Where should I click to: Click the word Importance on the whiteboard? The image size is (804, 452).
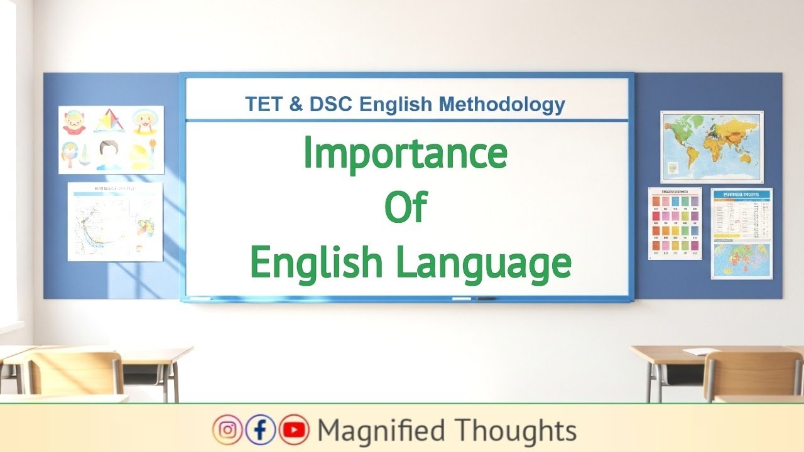(405, 154)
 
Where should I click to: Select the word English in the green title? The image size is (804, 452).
(317, 264)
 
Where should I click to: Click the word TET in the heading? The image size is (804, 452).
(264, 104)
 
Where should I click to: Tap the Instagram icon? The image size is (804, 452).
(227, 430)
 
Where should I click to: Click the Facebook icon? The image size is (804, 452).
(261, 430)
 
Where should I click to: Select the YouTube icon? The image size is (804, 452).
(294, 430)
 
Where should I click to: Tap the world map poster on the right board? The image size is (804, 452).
(712, 147)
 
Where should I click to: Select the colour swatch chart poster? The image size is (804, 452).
(675, 223)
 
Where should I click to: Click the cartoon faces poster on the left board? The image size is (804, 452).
(111, 139)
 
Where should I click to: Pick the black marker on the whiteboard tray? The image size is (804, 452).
(486, 298)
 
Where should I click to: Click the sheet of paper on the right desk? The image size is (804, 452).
(701, 352)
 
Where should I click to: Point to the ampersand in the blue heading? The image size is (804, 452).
(296, 104)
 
